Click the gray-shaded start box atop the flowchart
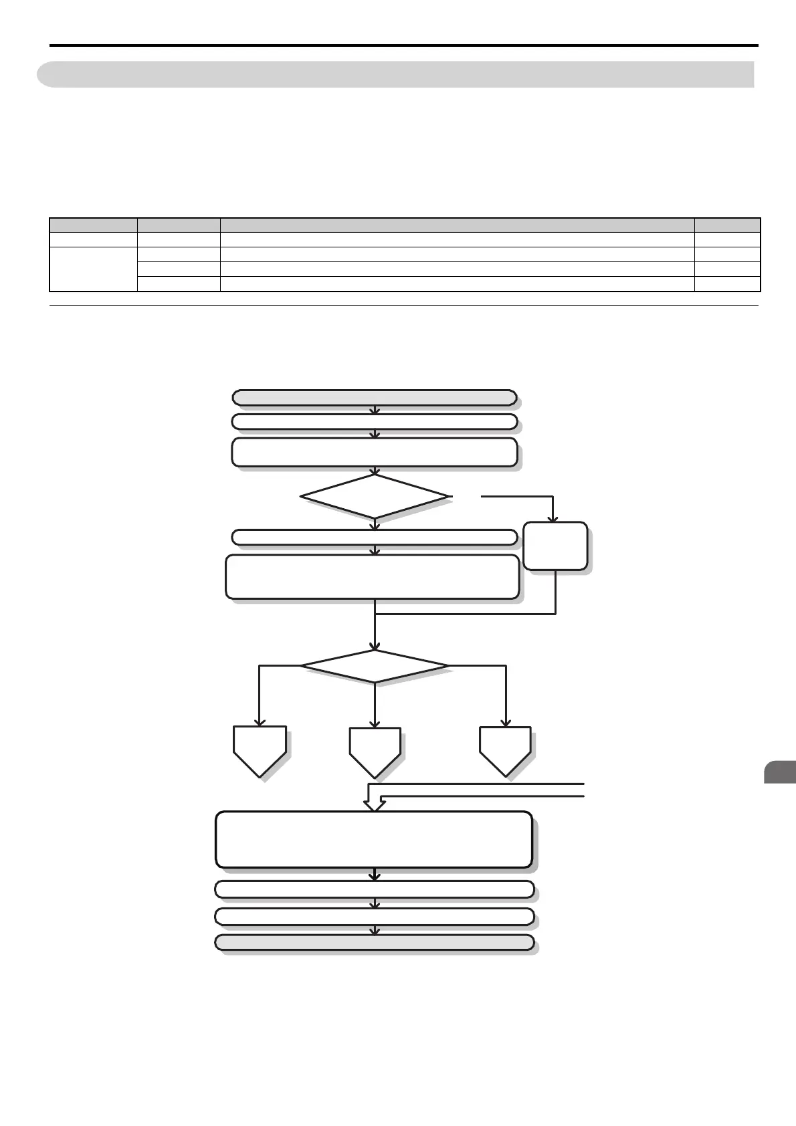pos(375,398)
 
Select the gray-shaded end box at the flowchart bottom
pos(375,942)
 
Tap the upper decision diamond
pos(375,496)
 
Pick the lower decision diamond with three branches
pos(375,666)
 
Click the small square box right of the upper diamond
pos(555,546)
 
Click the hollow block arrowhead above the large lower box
pos(374,802)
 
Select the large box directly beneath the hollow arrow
pos(375,839)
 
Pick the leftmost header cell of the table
pos(93,225)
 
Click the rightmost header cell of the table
pos(727,225)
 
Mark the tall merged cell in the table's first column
pos(93,269)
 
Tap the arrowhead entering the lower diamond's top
pos(375,646)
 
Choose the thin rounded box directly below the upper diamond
pos(375,537)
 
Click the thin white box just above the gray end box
pos(375,916)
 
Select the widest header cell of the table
pos(458,225)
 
